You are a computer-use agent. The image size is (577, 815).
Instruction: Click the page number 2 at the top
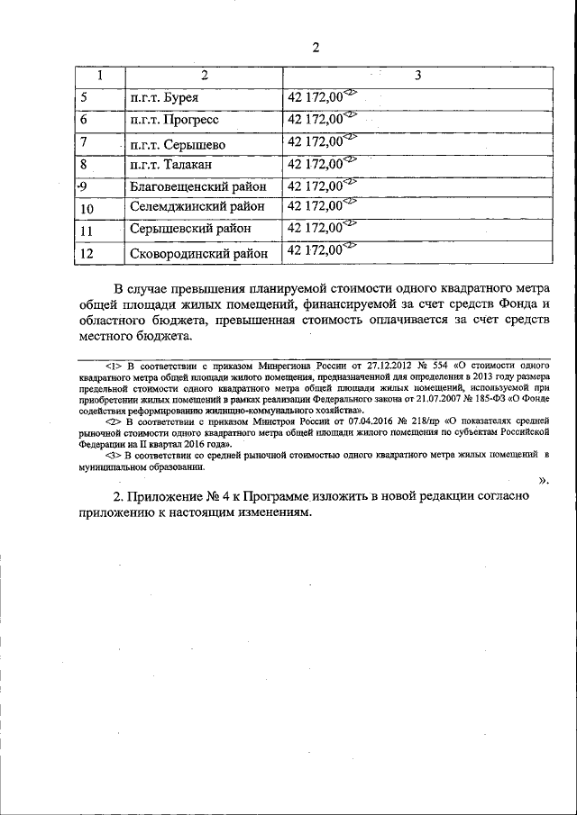[x=315, y=48]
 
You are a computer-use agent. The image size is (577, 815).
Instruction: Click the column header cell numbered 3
[x=417, y=77]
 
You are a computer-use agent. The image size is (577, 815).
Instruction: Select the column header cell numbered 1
[x=99, y=77]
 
